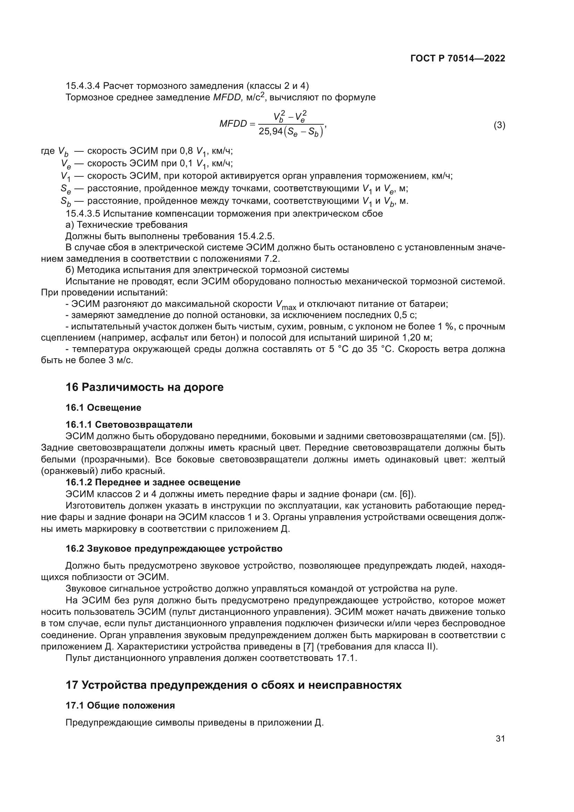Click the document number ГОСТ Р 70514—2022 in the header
[x=458, y=58]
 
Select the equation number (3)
[x=499, y=125]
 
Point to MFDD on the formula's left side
[x=233, y=124]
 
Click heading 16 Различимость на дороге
[x=145, y=387]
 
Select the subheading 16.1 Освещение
[x=103, y=408]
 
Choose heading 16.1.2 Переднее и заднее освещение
[x=153, y=482]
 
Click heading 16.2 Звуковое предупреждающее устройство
[x=174, y=549]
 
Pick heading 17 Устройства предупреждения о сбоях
[x=233, y=685]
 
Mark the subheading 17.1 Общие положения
[x=120, y=705]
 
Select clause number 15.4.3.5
[x=83, y=214]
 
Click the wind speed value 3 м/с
[x=120, y=360]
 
